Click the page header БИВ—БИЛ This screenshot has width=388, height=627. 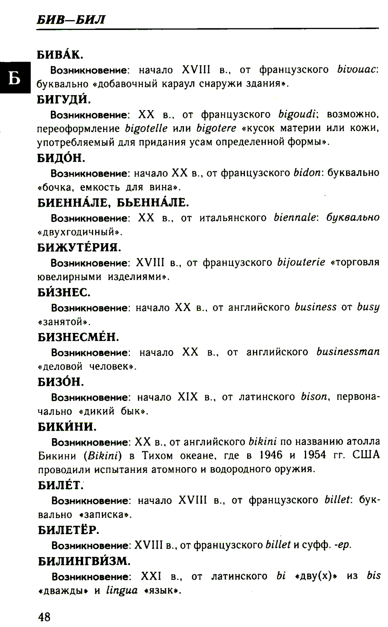(x=71, y=19)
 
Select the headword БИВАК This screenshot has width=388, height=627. (x=60, y=55)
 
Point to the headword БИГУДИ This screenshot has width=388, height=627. (x=64, y=100)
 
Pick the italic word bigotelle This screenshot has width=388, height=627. (x=146, y=128)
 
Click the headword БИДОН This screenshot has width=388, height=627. (x=61, y=158)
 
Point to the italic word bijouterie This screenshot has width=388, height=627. (x=301, y=263)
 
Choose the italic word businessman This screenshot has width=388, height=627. (x=348, y=352)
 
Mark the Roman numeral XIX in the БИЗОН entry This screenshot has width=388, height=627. (x=188, y=397)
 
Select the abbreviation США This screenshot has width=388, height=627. (x=366, y=455)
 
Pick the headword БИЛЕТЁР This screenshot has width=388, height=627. (x=69, y=530)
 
